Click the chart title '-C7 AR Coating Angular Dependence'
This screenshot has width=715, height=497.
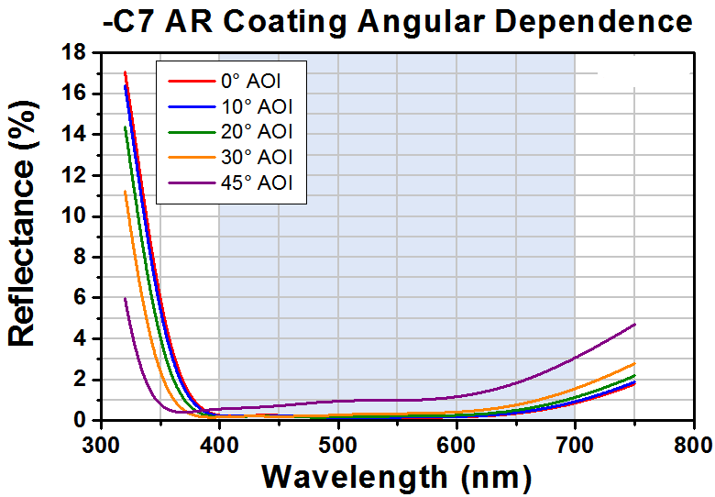pos(397,20)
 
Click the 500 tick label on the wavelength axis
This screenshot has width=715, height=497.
pos(338,445)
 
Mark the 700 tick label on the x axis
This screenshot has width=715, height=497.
pos(575,445)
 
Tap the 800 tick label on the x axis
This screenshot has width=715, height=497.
pos(693,445)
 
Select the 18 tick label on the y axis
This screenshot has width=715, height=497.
pos(76,53)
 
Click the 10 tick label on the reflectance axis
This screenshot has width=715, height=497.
pos(76,216)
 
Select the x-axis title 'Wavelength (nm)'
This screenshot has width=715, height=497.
pos(396,477)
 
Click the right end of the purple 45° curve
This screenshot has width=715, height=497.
pos(634,324)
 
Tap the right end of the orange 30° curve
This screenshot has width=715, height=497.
pos(634,363)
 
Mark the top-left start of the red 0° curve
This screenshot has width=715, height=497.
pos(125,72)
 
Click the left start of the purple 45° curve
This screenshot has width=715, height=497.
pos(125,298)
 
